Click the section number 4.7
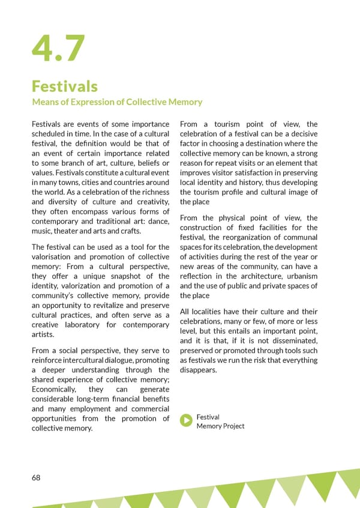pos(58,49)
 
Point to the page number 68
pos(36,477)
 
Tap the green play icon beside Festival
pos(187,421)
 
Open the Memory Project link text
pos(220,426)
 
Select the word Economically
pos(58,390)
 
